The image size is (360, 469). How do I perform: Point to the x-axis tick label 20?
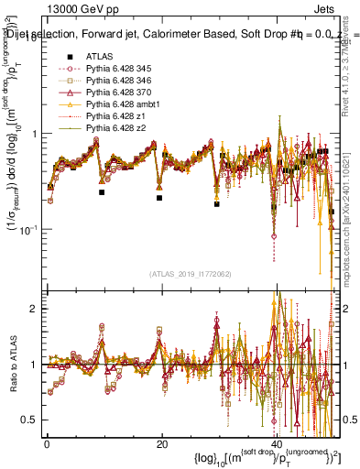pos(162,442)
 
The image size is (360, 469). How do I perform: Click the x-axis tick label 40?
pos(278,442)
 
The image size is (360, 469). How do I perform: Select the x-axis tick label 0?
pos(47,442)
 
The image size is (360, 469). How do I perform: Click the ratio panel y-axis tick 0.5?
pos(31,420)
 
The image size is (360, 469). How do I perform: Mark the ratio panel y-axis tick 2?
pos(35,309)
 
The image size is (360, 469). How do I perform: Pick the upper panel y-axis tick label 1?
pos(35,134)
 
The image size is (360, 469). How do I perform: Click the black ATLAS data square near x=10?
pos(102,192)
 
